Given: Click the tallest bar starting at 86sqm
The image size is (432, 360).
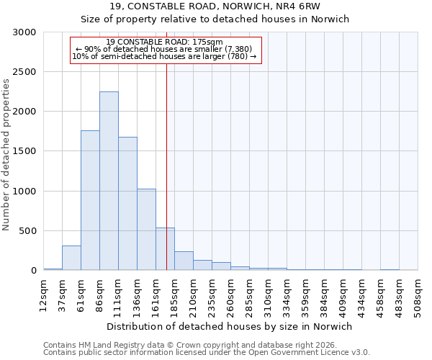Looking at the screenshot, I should point(109,181).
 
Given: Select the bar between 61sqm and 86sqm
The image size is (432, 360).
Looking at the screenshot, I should point(90,200).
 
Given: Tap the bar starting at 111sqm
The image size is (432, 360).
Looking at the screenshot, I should point(127,204).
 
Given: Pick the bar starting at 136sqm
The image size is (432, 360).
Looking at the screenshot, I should point(146,230).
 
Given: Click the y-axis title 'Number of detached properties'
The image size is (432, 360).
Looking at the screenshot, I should point(7,155).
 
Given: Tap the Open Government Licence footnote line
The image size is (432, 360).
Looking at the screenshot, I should point(207,353).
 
